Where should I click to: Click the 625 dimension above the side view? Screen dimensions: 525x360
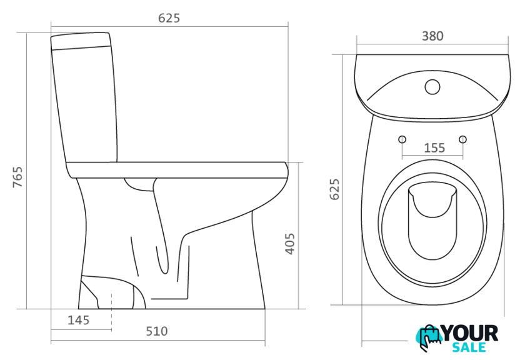169,18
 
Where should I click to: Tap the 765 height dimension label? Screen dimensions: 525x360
17,177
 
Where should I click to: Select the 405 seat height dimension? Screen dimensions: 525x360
290,244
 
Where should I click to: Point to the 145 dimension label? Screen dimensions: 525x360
79,320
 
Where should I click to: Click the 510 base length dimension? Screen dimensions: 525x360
157,331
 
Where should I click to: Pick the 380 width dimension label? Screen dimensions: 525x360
432,36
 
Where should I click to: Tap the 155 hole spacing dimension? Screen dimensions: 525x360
434,147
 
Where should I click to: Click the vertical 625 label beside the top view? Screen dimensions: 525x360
334,189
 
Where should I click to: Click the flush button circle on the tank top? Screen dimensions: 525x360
432,87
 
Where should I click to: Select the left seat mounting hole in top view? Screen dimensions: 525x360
402,139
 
